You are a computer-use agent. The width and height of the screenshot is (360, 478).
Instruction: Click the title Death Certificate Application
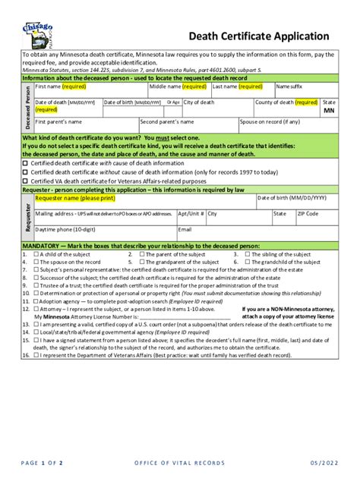[258, 36]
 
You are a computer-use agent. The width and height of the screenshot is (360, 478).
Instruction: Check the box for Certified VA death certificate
[26, 181]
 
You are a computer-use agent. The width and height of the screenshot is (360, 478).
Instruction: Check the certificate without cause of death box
[26, 172]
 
